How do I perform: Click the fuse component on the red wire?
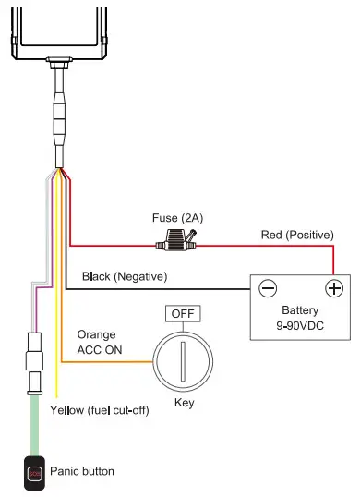177,246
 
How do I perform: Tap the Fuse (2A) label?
177,218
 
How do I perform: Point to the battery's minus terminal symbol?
268,288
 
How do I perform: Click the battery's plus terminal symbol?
334,288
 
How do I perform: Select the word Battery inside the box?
300,311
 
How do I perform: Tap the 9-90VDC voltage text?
300,326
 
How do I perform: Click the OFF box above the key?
184,313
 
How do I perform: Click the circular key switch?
184,359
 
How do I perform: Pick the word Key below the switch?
184,404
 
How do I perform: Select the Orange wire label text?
95,334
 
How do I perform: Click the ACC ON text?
99,349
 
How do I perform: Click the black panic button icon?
34,472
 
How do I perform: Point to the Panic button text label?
82,471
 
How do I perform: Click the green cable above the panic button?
34,424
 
